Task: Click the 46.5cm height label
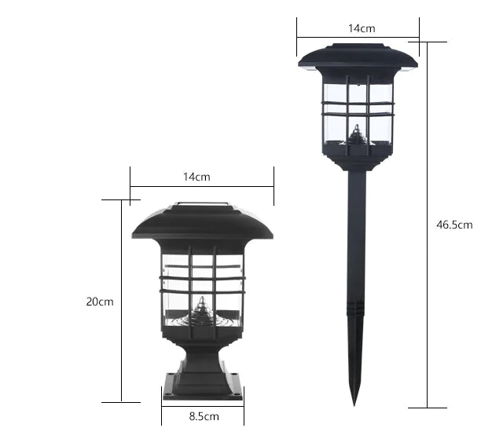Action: pos(454,225)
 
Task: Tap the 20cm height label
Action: pos(101,302)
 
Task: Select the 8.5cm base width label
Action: pos(203,416)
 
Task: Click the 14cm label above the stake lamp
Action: pos(361,28)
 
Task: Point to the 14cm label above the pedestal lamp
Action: pos(196,177)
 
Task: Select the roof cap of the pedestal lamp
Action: pos(202,225)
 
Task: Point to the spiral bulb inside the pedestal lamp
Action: pos(202,311)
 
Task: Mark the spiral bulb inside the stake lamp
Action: pos(357,137)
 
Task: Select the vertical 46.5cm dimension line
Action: pos(428,225)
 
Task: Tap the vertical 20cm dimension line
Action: pos(122,302)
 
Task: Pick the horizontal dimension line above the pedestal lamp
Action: pos(202,186)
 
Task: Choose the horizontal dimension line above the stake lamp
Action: pos(358,36)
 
